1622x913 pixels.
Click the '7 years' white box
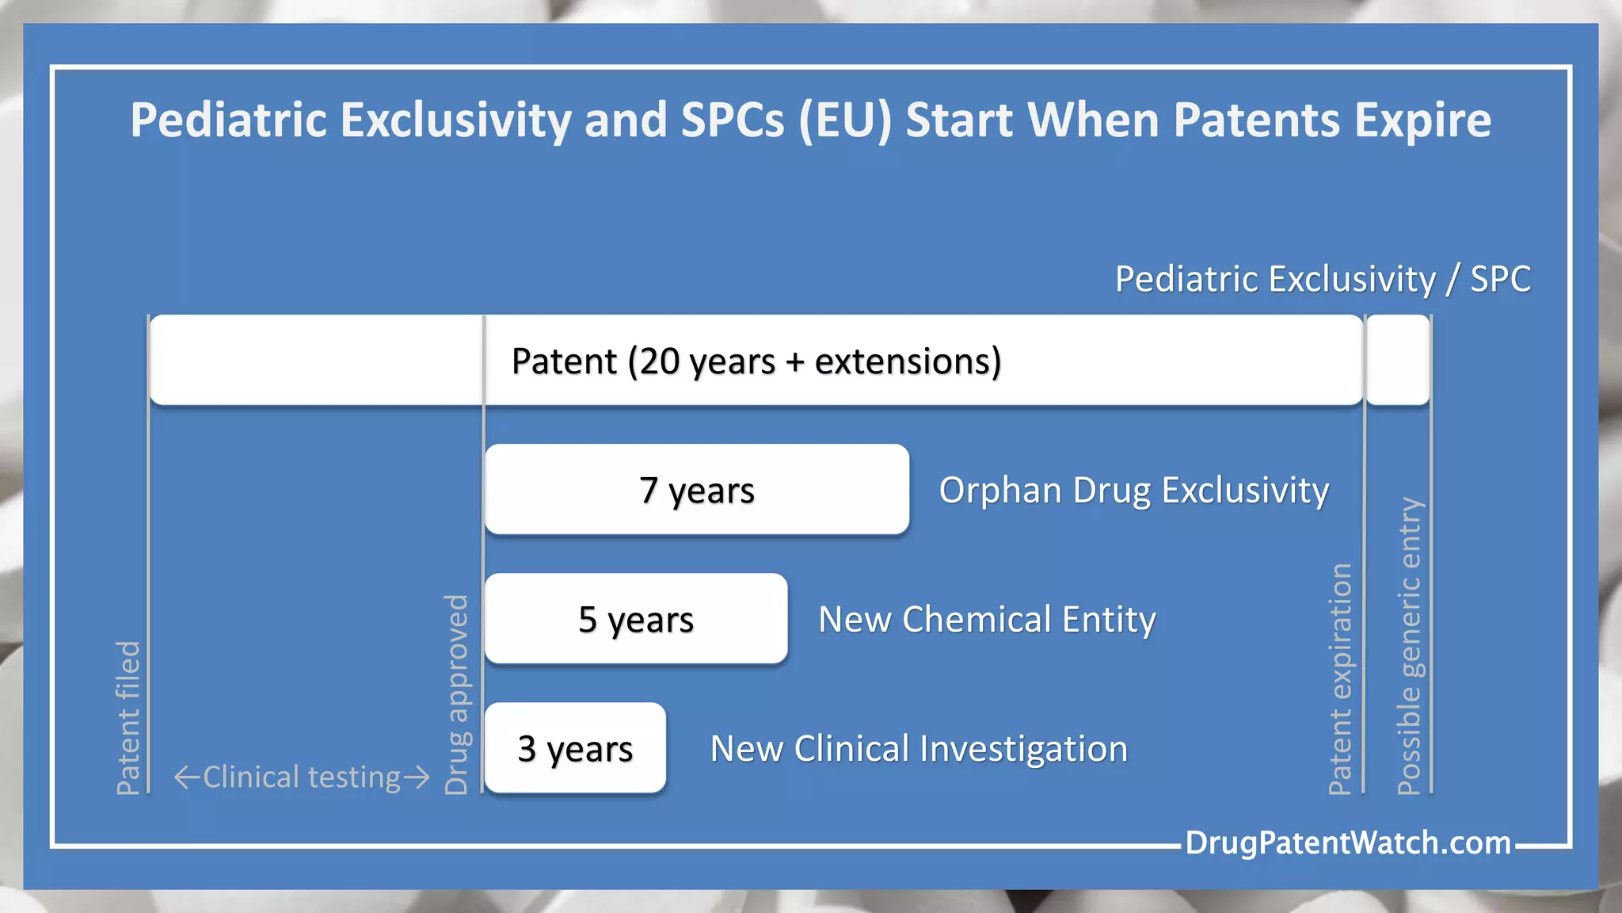tap(696, 489)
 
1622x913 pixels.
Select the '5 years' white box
tap(636, 618)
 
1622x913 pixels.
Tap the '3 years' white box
tap(575, 747)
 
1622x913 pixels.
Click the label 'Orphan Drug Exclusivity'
tap(1133, 490)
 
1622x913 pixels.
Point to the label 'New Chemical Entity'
tap(987, 619)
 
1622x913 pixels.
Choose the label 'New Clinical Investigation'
tap(919, 748)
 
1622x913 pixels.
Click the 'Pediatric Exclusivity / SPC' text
tap(1323, 279)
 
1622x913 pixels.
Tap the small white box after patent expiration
tap(1398, 360)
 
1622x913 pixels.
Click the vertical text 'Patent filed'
tap(128, 717)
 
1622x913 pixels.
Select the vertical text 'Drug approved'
tap(457, 694)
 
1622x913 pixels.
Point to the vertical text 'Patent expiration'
tap(1340, 678)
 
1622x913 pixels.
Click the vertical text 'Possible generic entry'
tap(1409, 645)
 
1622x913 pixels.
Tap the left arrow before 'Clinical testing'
tap(187, 777)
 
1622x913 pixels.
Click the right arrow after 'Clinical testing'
tap(417, 777)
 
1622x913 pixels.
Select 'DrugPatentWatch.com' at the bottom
tap(1348, 842)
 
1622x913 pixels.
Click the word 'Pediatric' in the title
tap(228, 120)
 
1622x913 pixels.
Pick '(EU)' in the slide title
tap(845, 120)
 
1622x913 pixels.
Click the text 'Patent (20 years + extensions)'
tap(756, 361)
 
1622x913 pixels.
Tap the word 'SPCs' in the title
tap(731, 120)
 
